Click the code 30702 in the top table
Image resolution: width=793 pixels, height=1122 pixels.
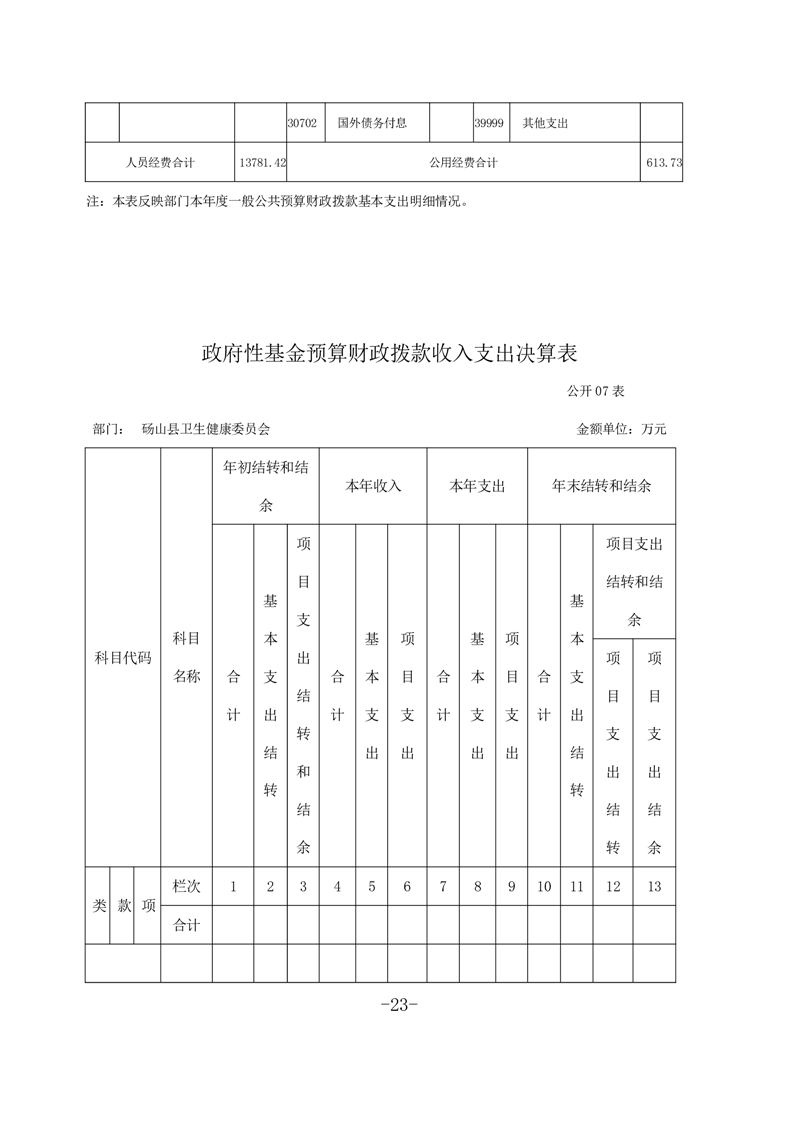click(x=302, y=123)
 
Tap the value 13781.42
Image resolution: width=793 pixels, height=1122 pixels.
click(x=260, y=162)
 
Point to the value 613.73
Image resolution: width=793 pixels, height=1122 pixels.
click(x=661, y=162)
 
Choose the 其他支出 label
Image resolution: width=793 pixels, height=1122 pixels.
click(x=545, y=123)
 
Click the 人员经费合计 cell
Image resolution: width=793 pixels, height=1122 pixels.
click(x=160, y=162)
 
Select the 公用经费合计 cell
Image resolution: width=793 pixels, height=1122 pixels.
click(x=463, y=162)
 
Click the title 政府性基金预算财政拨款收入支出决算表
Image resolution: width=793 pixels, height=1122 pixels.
click(x=390, y=353)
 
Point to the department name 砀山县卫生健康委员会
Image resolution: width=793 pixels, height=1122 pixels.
click(x=205, y=429)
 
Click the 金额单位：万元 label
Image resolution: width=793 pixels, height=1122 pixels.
click(x=621, y=429)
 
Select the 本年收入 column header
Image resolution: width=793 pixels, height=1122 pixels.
click(x=373, y=486)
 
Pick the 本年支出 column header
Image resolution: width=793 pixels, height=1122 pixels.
click(x=477, y=486)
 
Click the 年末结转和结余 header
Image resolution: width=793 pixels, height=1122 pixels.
click(x=601, y=486)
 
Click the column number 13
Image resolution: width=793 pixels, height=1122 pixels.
click(x=655, y=886)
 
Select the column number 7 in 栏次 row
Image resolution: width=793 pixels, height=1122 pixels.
click(x=443, y=886)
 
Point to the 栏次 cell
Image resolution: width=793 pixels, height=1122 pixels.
click(x=187, y=886)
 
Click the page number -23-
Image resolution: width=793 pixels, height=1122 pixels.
click(x=397, y=1006)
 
